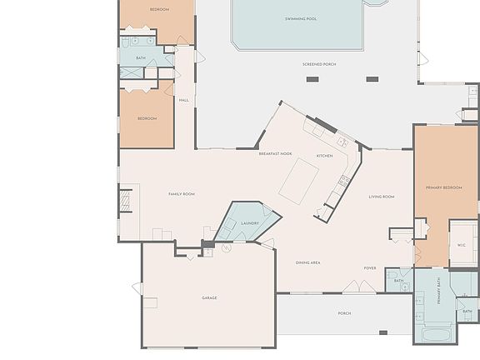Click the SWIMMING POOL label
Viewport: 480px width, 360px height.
300,18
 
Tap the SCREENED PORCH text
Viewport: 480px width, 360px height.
319,64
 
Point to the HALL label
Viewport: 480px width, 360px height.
183,100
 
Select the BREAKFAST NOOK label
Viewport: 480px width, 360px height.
275,154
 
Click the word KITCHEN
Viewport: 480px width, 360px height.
324,156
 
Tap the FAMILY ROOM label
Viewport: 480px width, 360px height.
182,194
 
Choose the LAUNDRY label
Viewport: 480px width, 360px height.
249,223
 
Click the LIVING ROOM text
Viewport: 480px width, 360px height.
382,197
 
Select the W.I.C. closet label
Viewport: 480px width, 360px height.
462,245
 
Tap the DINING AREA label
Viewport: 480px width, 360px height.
308,262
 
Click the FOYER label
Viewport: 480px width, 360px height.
370,268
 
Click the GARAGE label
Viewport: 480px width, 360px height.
209,297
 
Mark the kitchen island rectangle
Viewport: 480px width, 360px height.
299,181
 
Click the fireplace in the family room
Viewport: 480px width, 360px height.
125,201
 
